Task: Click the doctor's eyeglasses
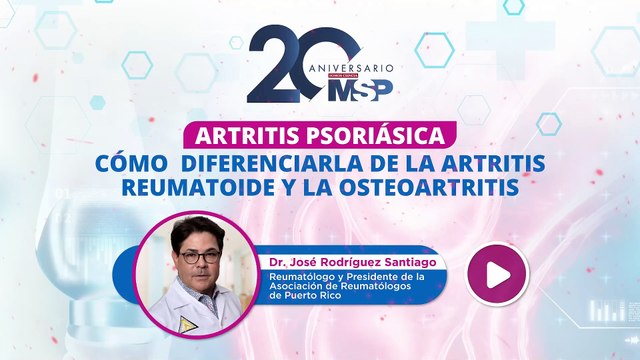pyautogui.click(x=201, y=256)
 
